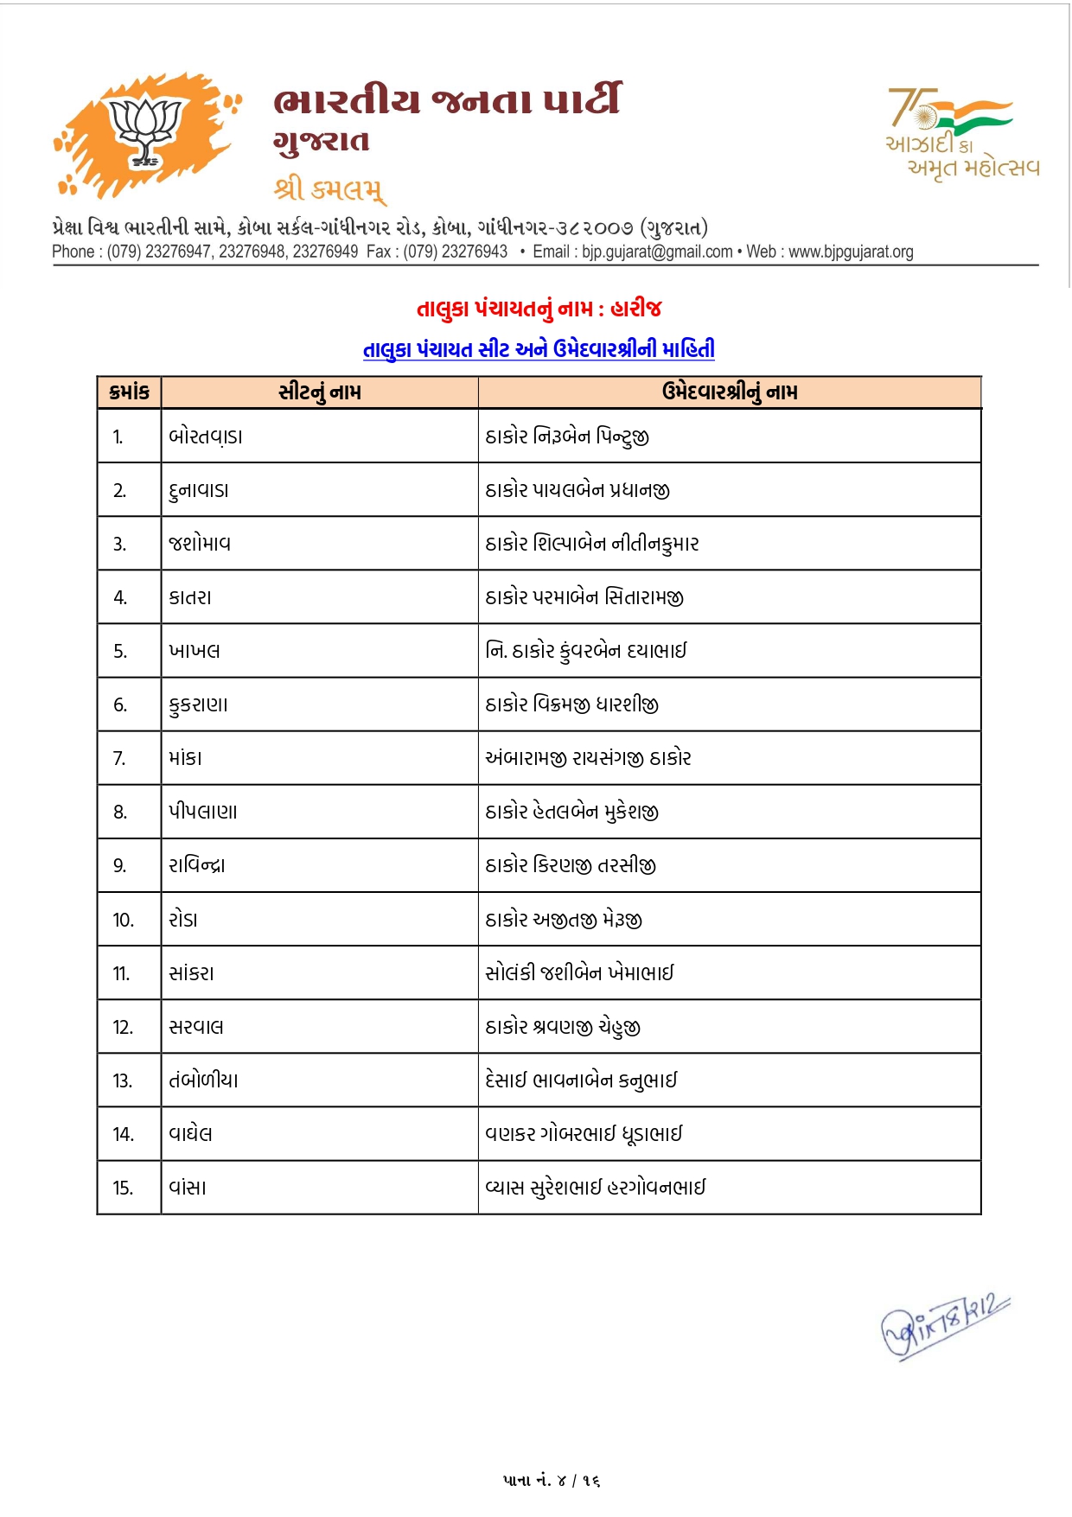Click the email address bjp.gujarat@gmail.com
(657, 252)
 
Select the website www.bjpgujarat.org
(851, 252)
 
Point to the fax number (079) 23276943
(456, 252)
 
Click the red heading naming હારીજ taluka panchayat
(539, 309)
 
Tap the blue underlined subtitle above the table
(539, 349)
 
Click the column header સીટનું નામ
(320, 392)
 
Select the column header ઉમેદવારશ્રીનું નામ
(730, 392)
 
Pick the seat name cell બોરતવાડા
(206, 437)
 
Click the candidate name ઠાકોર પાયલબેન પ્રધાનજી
(577, 490)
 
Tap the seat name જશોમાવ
(200, 544)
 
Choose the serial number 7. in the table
(120, 758)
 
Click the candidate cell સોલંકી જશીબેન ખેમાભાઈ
(579, 972)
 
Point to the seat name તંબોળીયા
(204, 1080)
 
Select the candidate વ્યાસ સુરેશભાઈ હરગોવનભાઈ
(596, 1187)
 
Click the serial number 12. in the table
(123, 1027)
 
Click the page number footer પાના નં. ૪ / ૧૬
(552, 1480)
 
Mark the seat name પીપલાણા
(203, 812)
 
